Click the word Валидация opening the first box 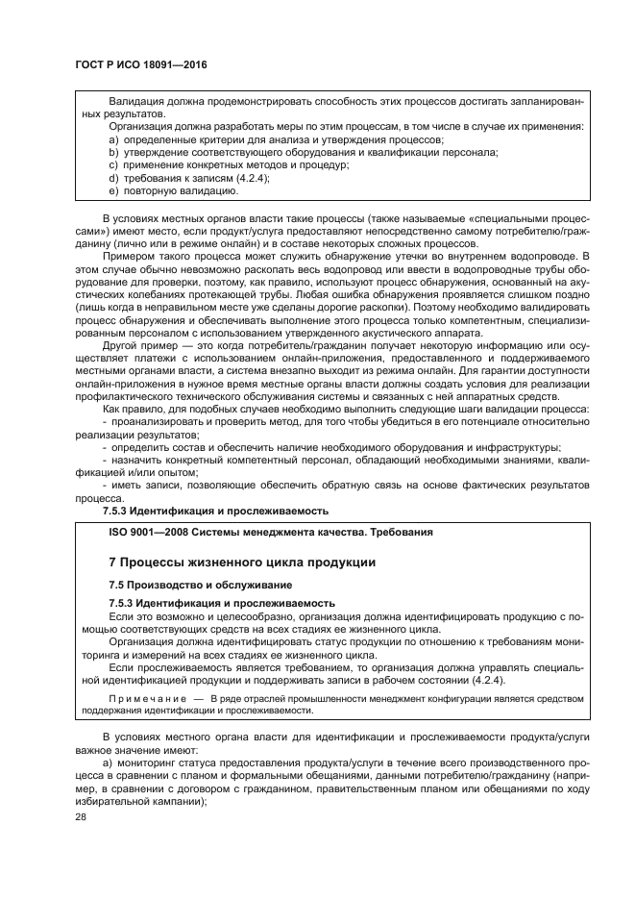click(x=136, y=100)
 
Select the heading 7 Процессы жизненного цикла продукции click(x=228, y=562)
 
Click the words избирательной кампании click(x=134, y=798)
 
